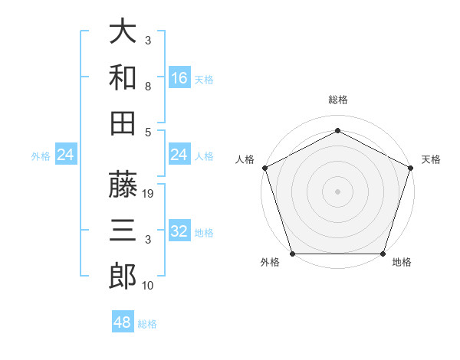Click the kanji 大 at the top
pos(123,33)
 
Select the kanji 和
pos(123,77)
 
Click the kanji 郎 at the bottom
pos(123,274)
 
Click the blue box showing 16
pos(179,77)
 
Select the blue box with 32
pos(179,231)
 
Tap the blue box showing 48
pos(123,322)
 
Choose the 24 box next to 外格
pos(66,155)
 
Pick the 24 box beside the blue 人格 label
pos(179,155)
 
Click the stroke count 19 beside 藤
pos(149,195)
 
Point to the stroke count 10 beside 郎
pos(148,286)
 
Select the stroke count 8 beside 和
pos(147,87)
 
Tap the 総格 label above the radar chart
pos(337,100)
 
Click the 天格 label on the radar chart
pos(432,160)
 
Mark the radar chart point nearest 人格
pos(264,168)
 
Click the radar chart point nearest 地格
pos(383,254)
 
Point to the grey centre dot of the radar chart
pos(337,191)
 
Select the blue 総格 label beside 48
pos(147,324)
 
